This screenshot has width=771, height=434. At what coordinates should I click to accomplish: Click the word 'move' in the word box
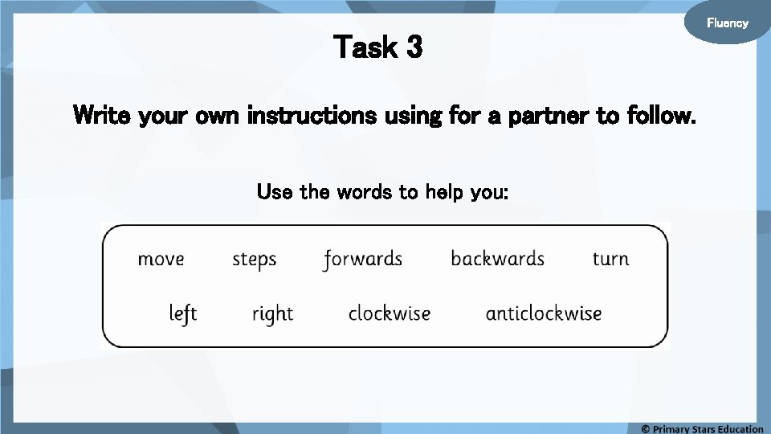pos(161,260)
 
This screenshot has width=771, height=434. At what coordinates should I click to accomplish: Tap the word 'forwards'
pos(362,260)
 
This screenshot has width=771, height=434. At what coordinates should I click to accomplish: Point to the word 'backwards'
pos(497,259)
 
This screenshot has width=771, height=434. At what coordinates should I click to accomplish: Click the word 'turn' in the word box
pos(610,259)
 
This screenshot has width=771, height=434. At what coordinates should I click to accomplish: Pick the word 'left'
pos(183,313)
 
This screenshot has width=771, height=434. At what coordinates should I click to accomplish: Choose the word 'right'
pos(272,313)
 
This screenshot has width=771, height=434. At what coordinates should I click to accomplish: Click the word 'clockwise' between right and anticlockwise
pos(390,313)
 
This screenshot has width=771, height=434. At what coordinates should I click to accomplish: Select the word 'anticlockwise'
pos(544,313)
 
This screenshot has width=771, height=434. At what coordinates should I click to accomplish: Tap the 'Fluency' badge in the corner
pos(727,23)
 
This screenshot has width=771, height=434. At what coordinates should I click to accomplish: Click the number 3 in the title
pos(414,48)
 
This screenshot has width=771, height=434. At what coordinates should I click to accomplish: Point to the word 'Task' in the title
pos(365,48)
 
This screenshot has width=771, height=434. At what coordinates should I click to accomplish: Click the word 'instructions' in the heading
pos(312,117)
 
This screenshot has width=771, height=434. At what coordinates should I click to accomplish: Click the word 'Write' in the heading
pos(103,117)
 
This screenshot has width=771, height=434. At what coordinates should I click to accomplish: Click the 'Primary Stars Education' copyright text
pos(702,428)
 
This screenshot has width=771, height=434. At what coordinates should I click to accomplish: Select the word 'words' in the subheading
pos(365,193)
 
